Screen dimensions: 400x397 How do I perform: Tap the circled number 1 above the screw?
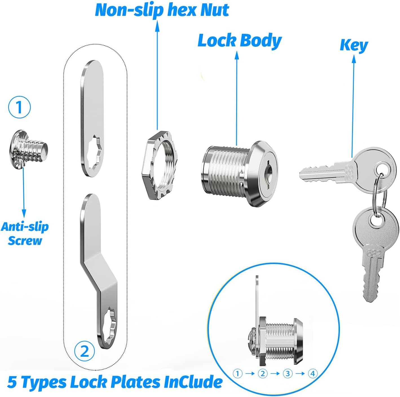(x=19, y=107)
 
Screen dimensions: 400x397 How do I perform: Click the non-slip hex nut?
(x=160, y=165)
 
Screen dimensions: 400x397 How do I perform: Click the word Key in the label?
(x=354, y=45)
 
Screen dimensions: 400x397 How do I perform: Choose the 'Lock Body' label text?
(x=240, y=41)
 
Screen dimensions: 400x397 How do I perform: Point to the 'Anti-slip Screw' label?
(x=25, y=234)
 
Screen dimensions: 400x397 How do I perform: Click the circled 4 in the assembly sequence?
(x=313, y=374)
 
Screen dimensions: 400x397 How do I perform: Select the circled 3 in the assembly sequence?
(x=288, y=374)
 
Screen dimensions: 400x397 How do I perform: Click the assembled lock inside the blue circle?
(x=275, y=326)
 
